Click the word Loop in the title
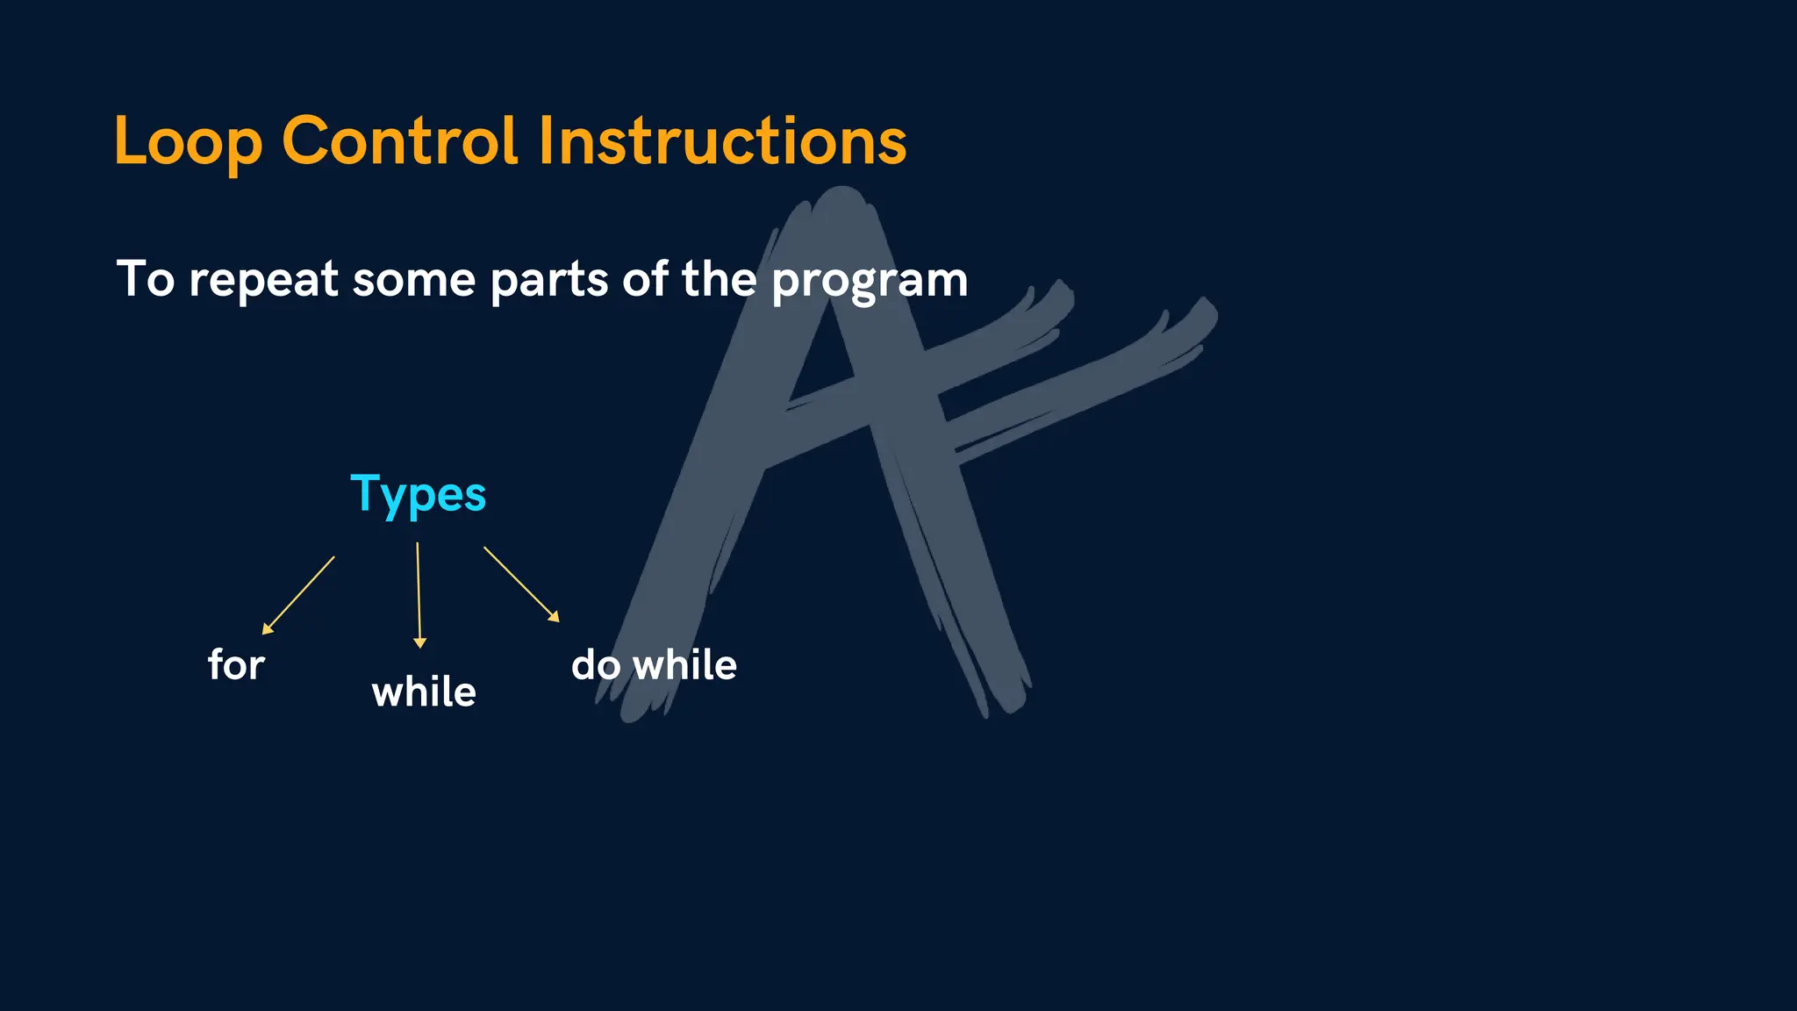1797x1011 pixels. pos(188,142)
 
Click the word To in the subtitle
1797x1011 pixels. pos(146,280)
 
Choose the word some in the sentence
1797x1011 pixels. pos(413,280)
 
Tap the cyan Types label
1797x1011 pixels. pos(418,495)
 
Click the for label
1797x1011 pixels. pos(236,664)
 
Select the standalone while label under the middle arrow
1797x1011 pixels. pos(424,692)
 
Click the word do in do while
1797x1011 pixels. pos(597,665)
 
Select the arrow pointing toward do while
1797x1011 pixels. pos(520,584)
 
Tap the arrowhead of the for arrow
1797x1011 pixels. pos(267,628)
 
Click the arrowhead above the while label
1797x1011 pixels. pos(419,643)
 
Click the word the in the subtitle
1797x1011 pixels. pos(719,280)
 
